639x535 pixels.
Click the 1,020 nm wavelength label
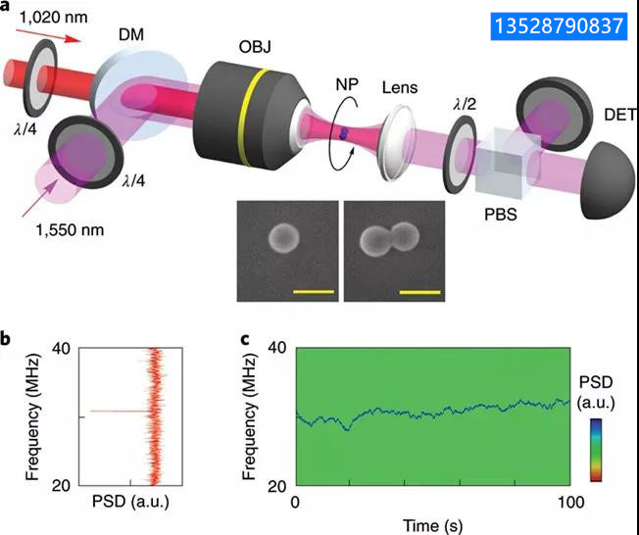click(53, 18)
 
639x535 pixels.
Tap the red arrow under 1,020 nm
click(48, 35)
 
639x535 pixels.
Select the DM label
click(130, 34)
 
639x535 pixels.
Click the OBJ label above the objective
click(255, 47)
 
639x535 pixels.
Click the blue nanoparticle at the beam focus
click(344, 132)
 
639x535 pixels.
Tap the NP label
click(347, 84)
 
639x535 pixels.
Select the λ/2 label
click(465, 105)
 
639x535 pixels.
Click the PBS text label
click(501, 215)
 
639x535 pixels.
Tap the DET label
click(619, 115)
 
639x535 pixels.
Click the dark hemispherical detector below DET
click(610, 180)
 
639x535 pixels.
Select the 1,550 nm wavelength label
click(70, 230)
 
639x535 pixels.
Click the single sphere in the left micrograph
click(284, 237)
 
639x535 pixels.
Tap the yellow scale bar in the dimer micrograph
click(420, 292)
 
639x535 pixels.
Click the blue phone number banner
click(559, 26)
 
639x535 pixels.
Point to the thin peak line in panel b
click(119, 412)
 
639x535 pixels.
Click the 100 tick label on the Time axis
click(570, 503)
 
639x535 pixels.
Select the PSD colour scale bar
click(596, 451)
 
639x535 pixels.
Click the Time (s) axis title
click(432, 525)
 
